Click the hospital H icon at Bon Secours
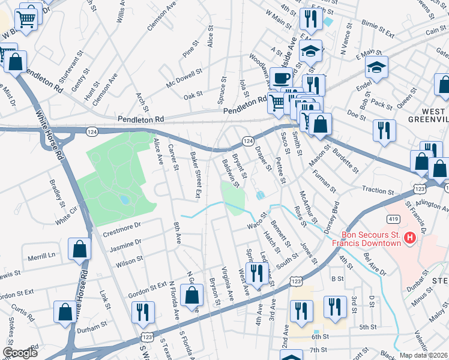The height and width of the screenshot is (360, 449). click(x=410, y=239)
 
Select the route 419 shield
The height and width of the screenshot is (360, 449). click(x=391, y=220)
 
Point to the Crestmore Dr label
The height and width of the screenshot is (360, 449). click(x=121, y=226)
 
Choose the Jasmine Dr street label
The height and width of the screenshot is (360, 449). click(x=125, y=242)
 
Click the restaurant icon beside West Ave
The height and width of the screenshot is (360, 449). click(x=256, y=273)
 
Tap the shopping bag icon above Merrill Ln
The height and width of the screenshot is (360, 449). click(x=79, y=250)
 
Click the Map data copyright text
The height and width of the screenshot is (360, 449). click(x=424, y=355)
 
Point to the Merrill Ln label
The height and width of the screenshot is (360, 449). click(x=41, y=256)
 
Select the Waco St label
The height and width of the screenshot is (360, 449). click(x=256, y=226)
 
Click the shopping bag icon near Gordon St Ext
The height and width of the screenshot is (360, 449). click(x=191, y=296)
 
